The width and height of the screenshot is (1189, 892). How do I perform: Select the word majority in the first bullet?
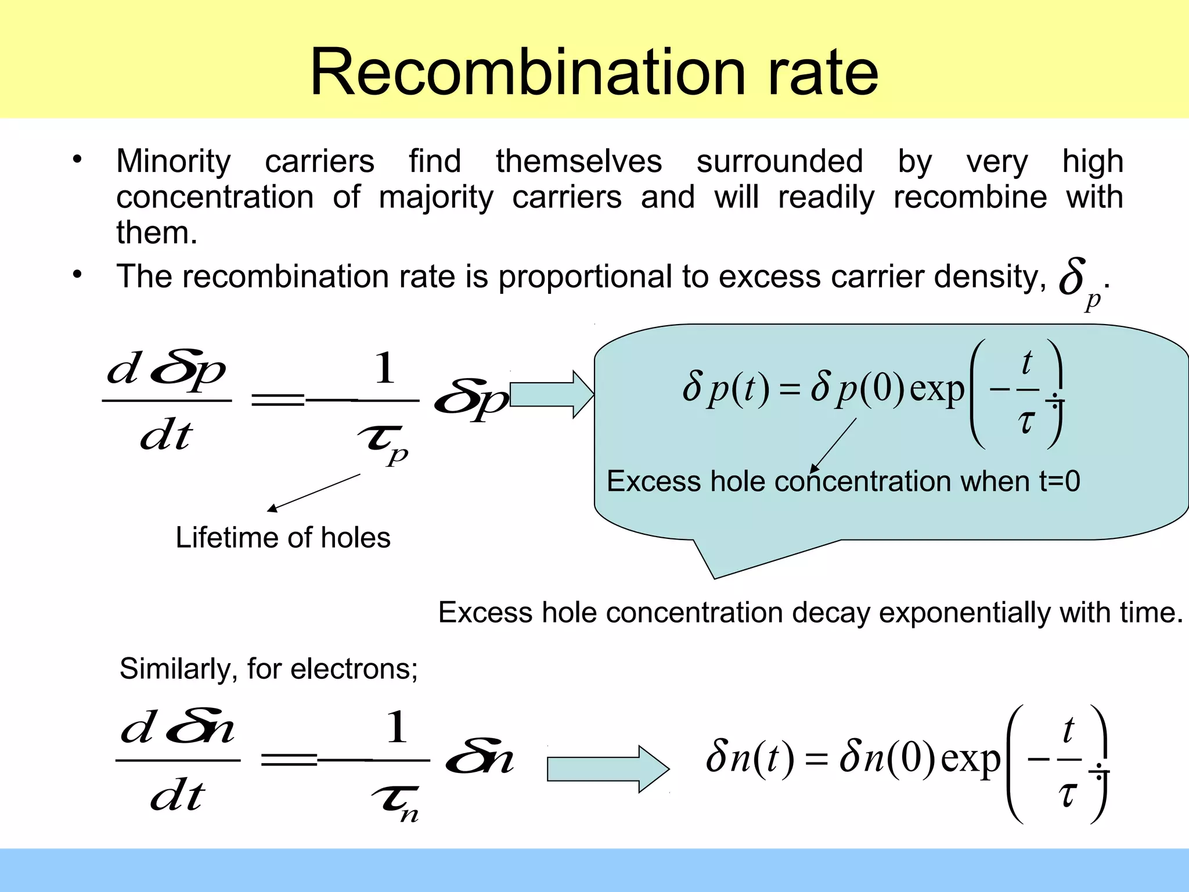tap(436, 197)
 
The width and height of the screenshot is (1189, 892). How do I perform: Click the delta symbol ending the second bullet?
tap(1073, 278)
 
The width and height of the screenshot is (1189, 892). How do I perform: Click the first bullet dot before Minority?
tap(77, 159)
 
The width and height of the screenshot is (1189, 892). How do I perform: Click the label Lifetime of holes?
tap(283, 537)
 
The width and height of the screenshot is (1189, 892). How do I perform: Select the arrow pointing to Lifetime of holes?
tap(314, 492)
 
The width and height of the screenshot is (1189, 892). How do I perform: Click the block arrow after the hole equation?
tap(552, 394)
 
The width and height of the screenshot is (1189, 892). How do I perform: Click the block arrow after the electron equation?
tap(607, 769)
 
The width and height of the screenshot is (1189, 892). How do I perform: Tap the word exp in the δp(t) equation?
tap(936, 389)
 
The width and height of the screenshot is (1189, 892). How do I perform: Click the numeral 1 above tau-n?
tap(397, 727)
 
